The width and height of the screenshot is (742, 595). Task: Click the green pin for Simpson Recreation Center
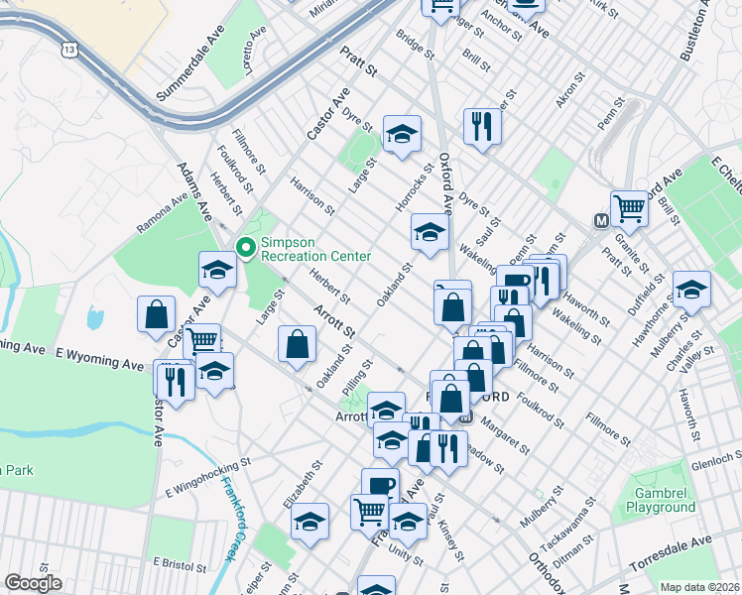[x=244, y=247]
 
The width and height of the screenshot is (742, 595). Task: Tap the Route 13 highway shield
[x=67, y=50]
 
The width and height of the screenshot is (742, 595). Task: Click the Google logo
[x=33, y=584]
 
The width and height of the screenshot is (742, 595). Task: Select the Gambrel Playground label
[x=660, y=500]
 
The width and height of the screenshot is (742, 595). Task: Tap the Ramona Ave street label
[x=162, y=212]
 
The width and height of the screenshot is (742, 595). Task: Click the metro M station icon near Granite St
[x=600, y=220]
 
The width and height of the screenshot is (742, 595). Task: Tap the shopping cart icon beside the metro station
[x=629, y=208]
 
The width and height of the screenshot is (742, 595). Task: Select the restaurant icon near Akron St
[x=482, y=125]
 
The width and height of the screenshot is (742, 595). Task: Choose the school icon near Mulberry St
[x=691, y=289]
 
